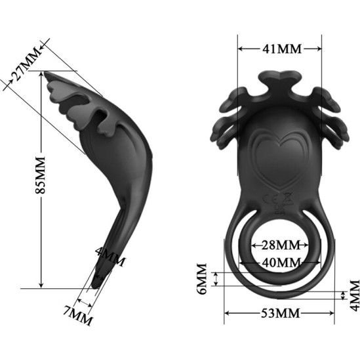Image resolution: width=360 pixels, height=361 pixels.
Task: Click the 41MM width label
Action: [x=280, y=49]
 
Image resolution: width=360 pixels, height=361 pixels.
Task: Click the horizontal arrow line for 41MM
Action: [x=280, y=48]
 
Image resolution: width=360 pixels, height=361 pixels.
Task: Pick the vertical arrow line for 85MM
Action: [x=41, y=217]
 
